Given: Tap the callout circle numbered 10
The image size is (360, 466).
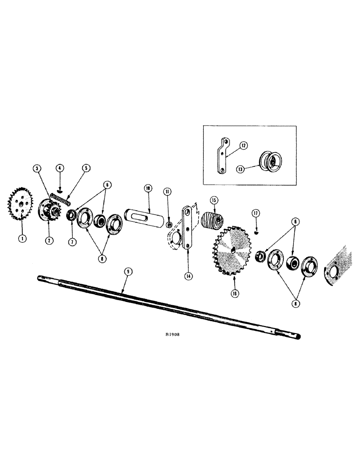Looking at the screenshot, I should point(148,188).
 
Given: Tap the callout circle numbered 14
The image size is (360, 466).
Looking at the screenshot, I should point(188,276).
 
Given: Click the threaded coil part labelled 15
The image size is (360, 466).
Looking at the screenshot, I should point(213,220).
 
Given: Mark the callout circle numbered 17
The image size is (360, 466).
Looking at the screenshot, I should point(256,213).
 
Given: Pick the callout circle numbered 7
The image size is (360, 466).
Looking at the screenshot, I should point(72,243).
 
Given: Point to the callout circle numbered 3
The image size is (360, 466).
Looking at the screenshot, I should point(37,168).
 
